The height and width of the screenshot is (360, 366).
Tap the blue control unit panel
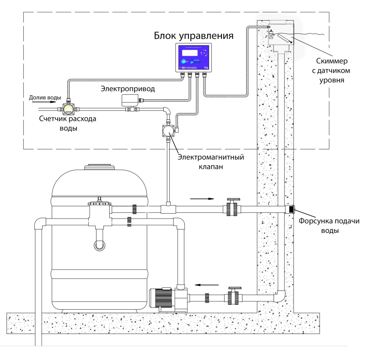pos(194,57)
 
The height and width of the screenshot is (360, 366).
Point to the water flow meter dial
pos(69,109)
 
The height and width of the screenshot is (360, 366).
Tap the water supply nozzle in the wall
pos(290,210)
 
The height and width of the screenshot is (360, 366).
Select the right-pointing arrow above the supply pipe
pos(202,199)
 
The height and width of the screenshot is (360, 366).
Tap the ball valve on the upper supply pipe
pos(232,208)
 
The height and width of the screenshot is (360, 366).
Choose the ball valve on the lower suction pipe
pos(233,297)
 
